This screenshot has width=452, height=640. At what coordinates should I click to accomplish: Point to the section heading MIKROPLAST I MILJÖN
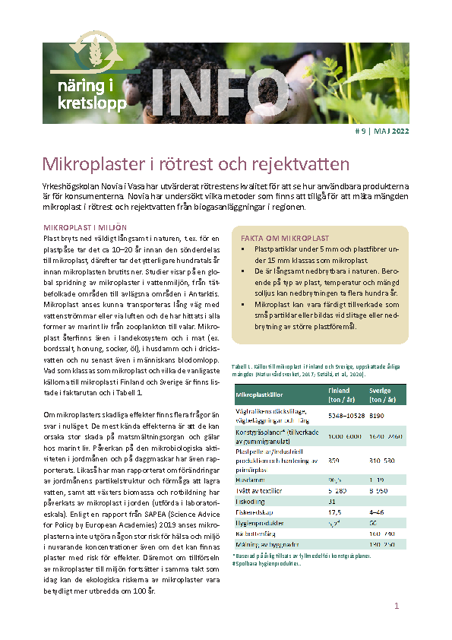[84, 227]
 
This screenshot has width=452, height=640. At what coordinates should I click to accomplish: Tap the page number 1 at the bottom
[396, 606]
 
